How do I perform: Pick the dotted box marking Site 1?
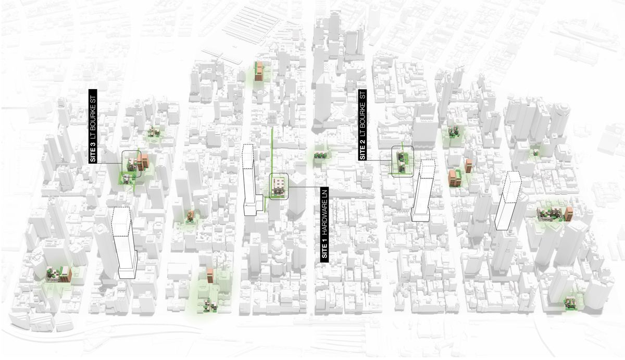(278, 186)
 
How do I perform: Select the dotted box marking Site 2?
(402, 162)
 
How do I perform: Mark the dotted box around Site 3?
(132, 164)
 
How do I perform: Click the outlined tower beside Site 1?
(251, 180)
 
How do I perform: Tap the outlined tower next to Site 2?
(423, 190)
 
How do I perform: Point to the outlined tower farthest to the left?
(124, 242)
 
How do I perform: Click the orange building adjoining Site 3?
(144, 161)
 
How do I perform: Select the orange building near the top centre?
(258, 71)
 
